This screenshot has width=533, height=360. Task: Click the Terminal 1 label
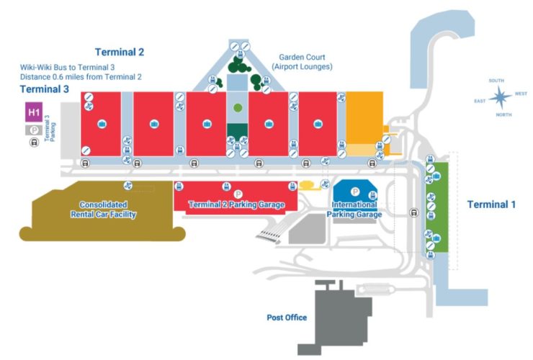[491, 204]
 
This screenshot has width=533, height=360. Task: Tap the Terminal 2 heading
[120, 52]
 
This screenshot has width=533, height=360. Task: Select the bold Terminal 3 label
[45, 89]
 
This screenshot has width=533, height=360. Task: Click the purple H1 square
[34, 112]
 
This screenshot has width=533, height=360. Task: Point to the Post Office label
[287, 318]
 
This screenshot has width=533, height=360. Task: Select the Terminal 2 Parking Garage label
[236, 205]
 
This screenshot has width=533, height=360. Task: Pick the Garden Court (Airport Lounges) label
[302, 62]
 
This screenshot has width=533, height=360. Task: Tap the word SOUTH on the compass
[496, 81]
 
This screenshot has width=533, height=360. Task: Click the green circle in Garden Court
[238, 108]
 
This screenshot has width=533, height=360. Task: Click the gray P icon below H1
[34, 130]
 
